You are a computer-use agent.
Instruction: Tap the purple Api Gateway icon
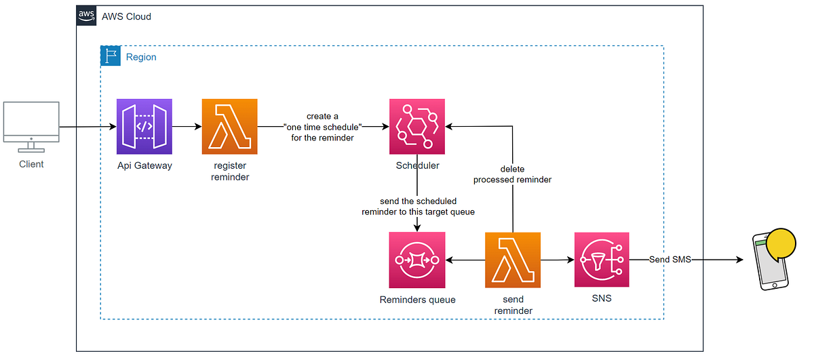[x=144, y=127]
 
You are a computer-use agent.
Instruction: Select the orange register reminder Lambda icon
[x=229, y=127]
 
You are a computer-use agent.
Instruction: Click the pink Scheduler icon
[x=416, y=127]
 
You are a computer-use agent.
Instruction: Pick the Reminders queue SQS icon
[x=416, y=260]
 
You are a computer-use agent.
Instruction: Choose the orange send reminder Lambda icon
[x=513, y=260]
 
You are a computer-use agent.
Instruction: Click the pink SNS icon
[x=602, y=260]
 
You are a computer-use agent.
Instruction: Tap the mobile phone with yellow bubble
[x=773, y=260]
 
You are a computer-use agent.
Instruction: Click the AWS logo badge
[x=86, y=16]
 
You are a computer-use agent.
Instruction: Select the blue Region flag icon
[x=111, y=56]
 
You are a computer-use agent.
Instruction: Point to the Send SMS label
[x=670, y=260]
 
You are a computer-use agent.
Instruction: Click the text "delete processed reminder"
[x=512, y=174]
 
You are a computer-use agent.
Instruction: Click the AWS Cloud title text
[x=126, y=16]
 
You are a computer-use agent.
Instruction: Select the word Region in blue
[x=141, y=57]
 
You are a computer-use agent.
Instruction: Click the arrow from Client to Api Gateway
[x=87, y=127]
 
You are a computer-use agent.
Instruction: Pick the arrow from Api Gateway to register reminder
[x=187, y=127]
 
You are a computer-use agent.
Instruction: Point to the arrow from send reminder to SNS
[x=557, y=260]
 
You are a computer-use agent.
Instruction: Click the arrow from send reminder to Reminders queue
[x=465, y=260]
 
